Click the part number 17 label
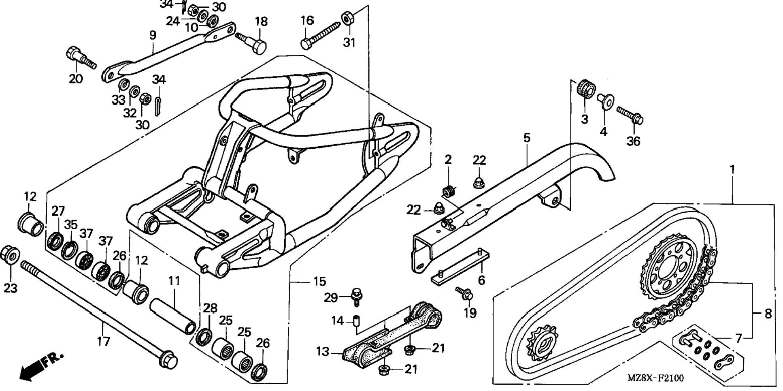coord(103,341)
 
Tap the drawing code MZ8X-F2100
coord(655,378)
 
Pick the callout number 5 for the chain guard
coord(526,138)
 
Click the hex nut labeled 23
coord(10,255)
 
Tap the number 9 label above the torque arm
coord(153,35)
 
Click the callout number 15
coord(319,281)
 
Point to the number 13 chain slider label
coord(323,352)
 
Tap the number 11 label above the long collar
coord(174,281)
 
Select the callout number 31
coord(349,42)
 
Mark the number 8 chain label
coord(768,313)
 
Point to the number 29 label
coord(331,298)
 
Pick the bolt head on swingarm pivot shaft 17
coord(168,360)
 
